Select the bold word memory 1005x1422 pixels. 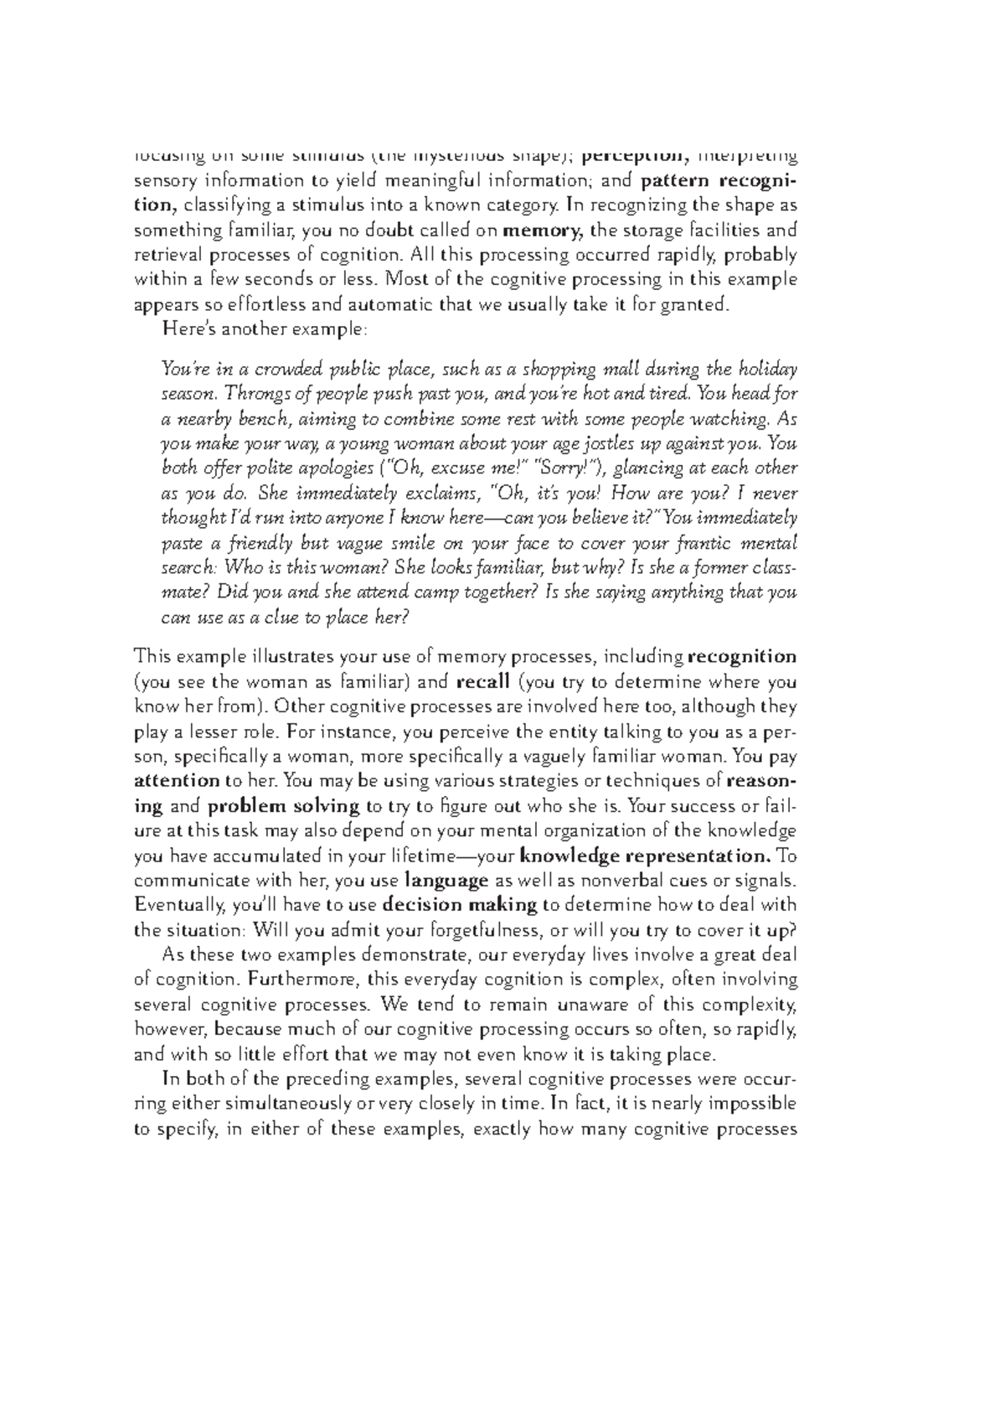(547, 230)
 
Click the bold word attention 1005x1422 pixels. (177, 781)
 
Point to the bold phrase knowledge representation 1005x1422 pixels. (646, 856)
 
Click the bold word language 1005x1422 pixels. (446, 881)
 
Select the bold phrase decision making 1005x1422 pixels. (459, 905)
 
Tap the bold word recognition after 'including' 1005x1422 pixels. (741, 656)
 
